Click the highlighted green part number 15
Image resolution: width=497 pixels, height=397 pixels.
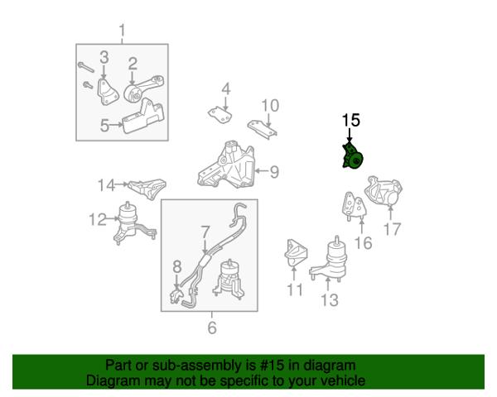click(x=352, y=157)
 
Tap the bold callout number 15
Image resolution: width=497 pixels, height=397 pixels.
click(x=351, y=120)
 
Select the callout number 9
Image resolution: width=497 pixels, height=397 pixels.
click(x=274, y=172)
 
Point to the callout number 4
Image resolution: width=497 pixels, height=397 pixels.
click(x=226, y=89)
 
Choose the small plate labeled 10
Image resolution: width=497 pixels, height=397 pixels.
click(x=263, y=128)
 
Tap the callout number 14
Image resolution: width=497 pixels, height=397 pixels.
click(x=106, y=185)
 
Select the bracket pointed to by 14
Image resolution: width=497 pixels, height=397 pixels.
click(x=147, y=188)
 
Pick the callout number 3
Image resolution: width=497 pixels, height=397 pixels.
click(x=104, y=57)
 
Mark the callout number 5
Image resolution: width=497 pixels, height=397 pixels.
click(x=105, y=126)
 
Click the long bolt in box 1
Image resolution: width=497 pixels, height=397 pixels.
click(x=85, y=67)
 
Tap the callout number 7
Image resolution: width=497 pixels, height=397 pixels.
click(x=205, y=232)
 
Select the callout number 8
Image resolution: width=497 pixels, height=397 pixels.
click(x=177, y=266)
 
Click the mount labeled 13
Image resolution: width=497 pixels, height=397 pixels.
click(x=328, y=260)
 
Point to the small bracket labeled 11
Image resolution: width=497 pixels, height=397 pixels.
click(x=296, y=253)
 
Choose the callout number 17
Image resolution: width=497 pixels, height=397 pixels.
click(x=393, y=229)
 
